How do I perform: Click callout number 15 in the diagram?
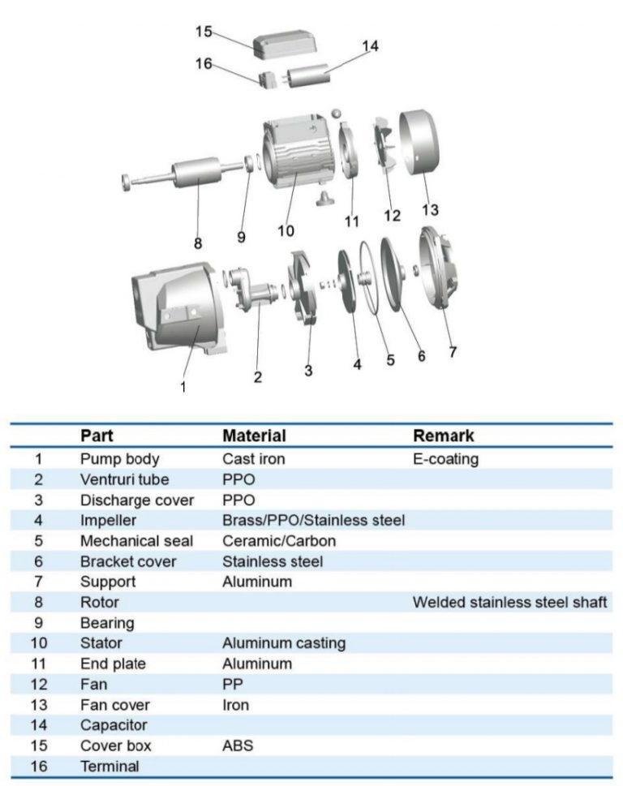pyautogui.click(x=204, y=32)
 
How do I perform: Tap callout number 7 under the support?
pyautogui.click(x=452, y=352)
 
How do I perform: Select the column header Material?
pyautogui.click(x=254, y=436)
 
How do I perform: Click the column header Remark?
pyautogui.click(x=444, y=436)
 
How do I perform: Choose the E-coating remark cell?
pyautogui.click(x=445, y=459)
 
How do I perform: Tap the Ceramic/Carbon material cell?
pyautogui.click(x=279, y=540)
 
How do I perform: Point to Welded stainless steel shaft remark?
pyautogui.click(x=509, y=602)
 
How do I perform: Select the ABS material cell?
pyautogui.click(x=238, y=745)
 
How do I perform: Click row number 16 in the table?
pyautogui.click(x=38, y=766)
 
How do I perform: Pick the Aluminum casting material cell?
pyautogui.click(x=284, y=643)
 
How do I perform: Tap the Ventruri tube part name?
pyautogui.click(x=124, y=479)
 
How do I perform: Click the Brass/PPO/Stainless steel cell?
pyautogui.click(x=313, y=520)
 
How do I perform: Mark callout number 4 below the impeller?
pyautogui.click(x=357, y=364)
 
